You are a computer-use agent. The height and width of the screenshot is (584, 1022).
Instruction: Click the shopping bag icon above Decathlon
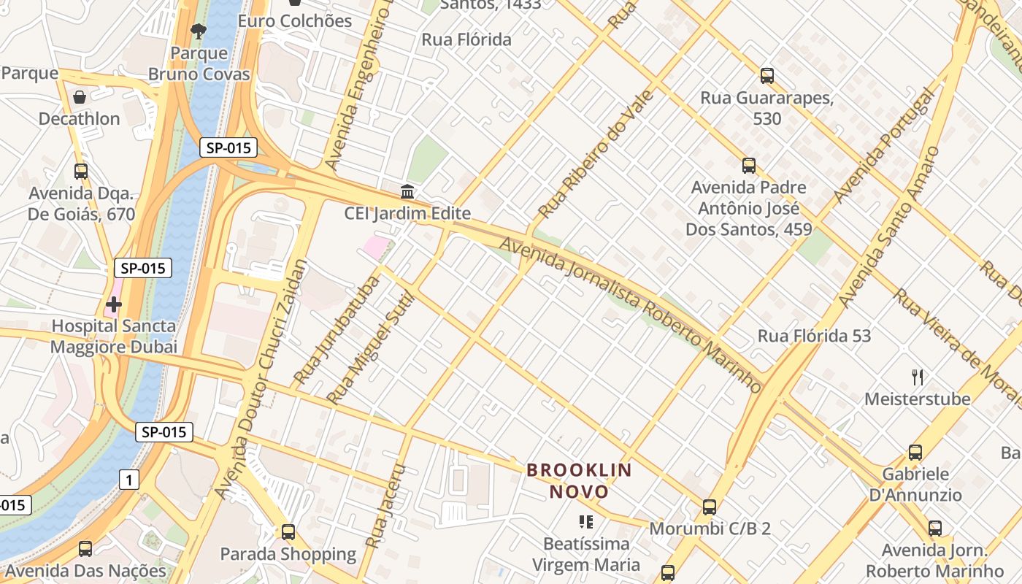pyautogui.click(x=80, y=97)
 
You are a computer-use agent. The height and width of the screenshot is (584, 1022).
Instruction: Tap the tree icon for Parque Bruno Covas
pyautogui.click(x=198, y=31)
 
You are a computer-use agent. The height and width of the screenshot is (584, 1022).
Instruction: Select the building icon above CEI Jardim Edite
pyautogui.click(x=407, y=192)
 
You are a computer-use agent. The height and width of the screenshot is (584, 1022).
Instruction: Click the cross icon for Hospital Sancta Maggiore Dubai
pyautogui.click(x=113, y=304)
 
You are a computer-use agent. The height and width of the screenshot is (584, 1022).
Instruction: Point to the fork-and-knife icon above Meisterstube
pyautogui.click(x=918, y=377)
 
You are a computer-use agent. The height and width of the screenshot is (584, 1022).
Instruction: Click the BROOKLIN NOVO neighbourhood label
pyautogui.click(x=579, y=480)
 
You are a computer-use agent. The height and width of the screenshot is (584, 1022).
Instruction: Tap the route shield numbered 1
pyautogui.click(x=129, y=480)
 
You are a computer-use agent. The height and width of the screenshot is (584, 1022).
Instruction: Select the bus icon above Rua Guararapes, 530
pyautogui.click(x=766, y=75)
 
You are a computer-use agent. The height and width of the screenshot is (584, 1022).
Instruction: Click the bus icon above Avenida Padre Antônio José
pyautogui.click(x=748, y=166)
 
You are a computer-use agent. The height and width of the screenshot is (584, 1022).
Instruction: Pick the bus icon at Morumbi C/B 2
pyautogui.click(x=709, y=507)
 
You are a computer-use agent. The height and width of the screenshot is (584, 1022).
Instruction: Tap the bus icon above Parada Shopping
pyautogui.click(x=288, y=532)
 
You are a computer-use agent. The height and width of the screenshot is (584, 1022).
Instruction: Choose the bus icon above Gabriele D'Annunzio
pyautogui.click(x=915, y=453)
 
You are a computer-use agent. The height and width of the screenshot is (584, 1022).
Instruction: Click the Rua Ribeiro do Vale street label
pyautogui.click(x=596, y=154)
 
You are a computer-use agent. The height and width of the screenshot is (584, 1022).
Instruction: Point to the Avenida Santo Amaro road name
pyautogui.click(x=889, y=226)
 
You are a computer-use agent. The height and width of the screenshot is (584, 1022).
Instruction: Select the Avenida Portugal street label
pyautogui.click(x=884, y=146)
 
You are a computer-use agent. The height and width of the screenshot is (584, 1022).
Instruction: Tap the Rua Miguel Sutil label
pyautogui.click(x=370, y=348)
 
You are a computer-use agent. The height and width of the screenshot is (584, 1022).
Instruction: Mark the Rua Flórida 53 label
pyautogui.click(x=814, y=337)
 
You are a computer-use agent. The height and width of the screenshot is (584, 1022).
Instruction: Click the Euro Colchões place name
pyautogui.click(x=295, y=20)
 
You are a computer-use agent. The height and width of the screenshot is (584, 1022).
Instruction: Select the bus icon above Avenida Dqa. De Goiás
pyautogui.click(x=81, y=172)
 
